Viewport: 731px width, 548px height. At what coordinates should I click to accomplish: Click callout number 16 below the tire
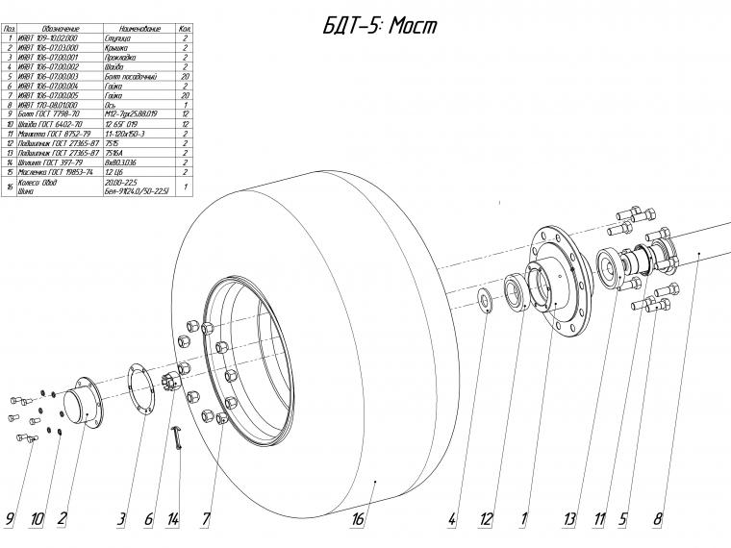click(x=358, y=520)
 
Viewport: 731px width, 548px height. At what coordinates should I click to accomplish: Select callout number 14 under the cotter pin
click(x=173, y=520)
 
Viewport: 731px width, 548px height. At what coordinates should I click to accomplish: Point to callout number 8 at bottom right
click(x=659, y=520)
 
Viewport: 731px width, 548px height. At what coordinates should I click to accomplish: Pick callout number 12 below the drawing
click(x=487, y=520)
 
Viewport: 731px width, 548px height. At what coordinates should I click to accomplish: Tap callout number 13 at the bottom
click(x=570, y=520)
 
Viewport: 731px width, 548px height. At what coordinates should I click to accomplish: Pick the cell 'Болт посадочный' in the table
click(x=132, y=75)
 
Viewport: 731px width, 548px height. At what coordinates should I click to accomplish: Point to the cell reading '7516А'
click(x=115, y=151)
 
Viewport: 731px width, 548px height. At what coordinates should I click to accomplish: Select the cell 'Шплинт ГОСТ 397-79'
click(x=53, y=161)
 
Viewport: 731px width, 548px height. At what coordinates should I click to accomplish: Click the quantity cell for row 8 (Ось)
click(x=184, y=105)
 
